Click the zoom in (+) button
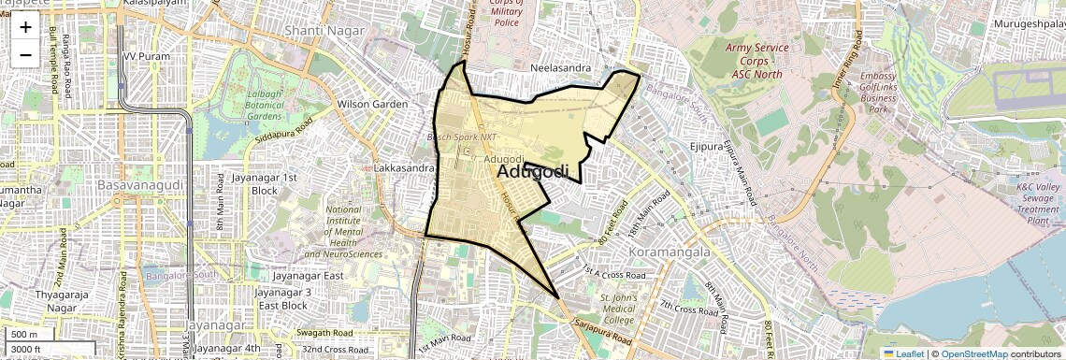[x=25, y=27]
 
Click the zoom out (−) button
[x=25, y=54]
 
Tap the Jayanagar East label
[x=308, y=276]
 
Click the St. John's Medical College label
[x=619, y=309]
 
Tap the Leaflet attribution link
[x=903, y=353]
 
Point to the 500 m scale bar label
[x=24, y=335]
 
